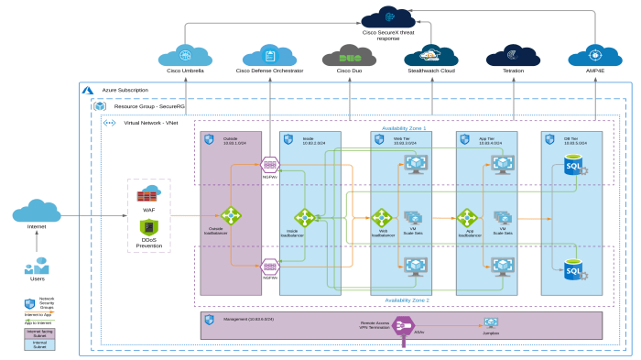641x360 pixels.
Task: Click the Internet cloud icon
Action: (37, 213)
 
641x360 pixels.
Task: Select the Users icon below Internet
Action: (37, 267)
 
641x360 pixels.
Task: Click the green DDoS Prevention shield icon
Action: (148, 227)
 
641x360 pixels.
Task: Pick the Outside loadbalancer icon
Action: (231, 216)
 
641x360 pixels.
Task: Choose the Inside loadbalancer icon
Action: (304, 217)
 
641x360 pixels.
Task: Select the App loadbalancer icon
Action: (468, 217)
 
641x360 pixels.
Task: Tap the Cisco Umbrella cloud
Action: (186, 55)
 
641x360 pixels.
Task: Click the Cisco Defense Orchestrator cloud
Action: (270, 55)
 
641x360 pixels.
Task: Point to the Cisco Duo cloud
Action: (350, 55)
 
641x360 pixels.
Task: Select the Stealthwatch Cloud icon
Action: (430, 55)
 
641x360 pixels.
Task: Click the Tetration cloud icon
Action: (512, 55)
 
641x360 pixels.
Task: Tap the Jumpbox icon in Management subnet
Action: (491, 323)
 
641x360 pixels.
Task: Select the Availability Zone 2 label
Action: (406, 300)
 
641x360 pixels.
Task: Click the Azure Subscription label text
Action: (125, 90)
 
